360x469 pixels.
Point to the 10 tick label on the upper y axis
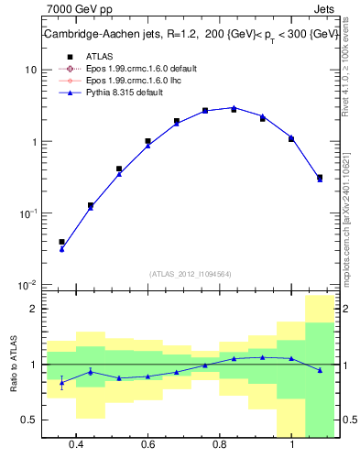click(x=31, y=71)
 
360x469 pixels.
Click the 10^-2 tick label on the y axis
click(x=27, y=285)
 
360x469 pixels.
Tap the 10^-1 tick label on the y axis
click(x=27, y=213)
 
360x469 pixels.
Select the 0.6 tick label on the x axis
click(x=148, y=445)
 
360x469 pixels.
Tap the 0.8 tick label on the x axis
click(x=220, y=445)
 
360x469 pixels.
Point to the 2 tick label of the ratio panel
click(x=33, y=309)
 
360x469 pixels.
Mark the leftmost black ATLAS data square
click(x=61, y=242)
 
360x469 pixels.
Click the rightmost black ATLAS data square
click(x=319, y=178)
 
